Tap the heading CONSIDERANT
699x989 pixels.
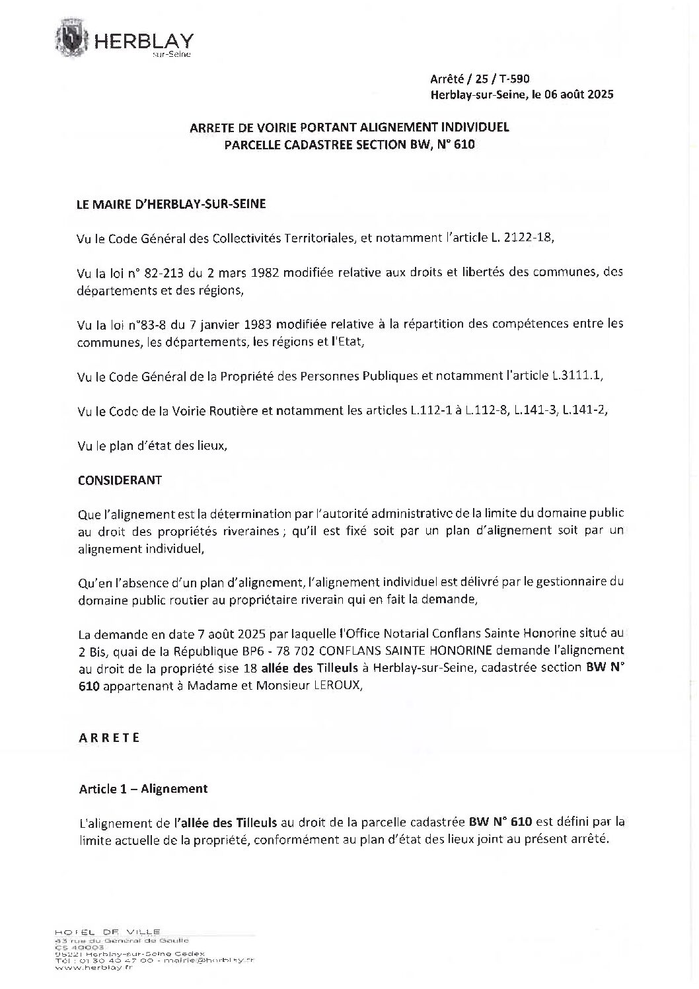(x=120, y=480)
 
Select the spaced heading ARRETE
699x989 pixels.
(x=109, y=738)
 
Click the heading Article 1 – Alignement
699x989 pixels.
(x=143, y=788)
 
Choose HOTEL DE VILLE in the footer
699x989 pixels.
(x=108, y=932)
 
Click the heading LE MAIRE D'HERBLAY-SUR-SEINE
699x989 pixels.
(x=172, y=204)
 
